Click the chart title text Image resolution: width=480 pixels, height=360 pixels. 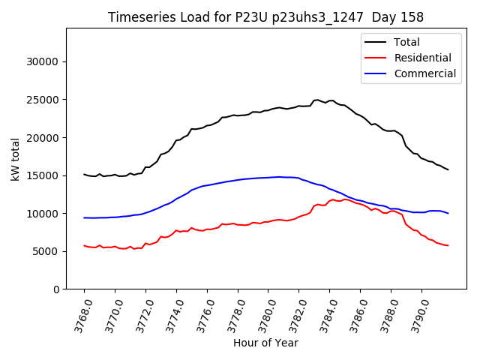coord(265,17)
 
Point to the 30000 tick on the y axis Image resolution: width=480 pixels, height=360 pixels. coord(52,61)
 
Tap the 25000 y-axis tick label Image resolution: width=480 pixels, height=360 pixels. coord(52,100)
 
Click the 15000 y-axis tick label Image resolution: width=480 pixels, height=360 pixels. coord(52,175)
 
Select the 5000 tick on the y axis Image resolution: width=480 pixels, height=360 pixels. coord(55,251)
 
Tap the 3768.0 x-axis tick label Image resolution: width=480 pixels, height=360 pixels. coord(79,315)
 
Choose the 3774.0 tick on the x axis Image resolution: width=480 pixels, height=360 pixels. coord(171,315)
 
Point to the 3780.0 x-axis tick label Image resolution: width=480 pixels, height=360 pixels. coord(263,315)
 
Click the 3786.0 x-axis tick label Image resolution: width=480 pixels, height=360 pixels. coord(355,315)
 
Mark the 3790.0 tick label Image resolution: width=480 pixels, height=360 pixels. coord(416,315)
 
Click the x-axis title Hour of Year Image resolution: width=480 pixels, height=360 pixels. coord(265,343)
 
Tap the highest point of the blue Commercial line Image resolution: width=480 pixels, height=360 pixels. coord(279,177)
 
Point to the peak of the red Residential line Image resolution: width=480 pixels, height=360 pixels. coord(332,199)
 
